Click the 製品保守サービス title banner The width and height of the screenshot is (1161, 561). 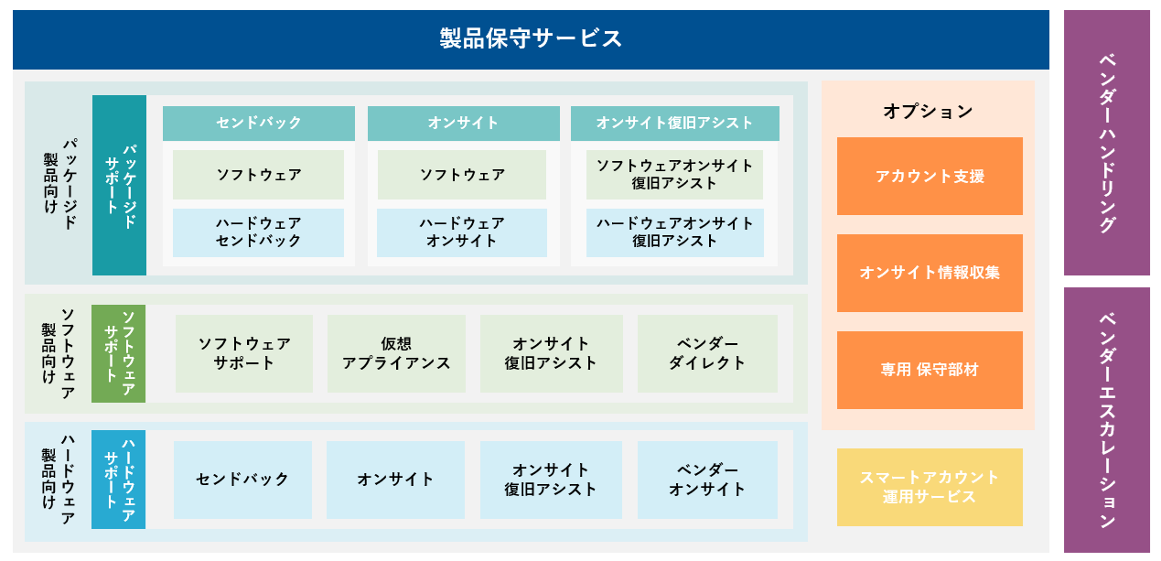click(x=531, y=39)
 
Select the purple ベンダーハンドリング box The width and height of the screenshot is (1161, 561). click(x=1107, y=143)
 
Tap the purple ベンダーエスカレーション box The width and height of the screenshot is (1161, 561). click(x=1107, y=420)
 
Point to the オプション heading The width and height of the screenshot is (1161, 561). click(x=928, y=111)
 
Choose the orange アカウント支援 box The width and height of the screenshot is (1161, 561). click(x=930, y=177)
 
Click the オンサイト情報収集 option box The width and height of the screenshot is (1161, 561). click(x=930, y=274)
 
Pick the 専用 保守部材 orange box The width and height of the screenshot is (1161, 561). click(x=930, y=371)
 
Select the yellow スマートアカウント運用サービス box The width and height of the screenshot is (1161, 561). click(x=930, y=488)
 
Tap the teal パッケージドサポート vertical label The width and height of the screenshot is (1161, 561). click(x=119, y=185)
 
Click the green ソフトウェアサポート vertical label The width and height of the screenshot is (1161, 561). click(x=118, y=353)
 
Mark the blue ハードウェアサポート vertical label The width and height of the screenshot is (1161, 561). click(x=118, y=480)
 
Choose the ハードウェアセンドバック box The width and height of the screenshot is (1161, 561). click(x=258, y=232)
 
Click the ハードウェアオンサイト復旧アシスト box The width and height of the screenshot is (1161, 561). click(x=675, y=232)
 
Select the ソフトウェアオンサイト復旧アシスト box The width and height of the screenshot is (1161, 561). click(x=674, y=175)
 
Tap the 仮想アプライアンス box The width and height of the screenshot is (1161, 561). click(x=396, y=353)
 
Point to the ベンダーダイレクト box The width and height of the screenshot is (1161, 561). click(x=707, y=353)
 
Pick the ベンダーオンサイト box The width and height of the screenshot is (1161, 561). click(x=707, y=480)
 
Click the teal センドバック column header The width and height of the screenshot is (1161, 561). click(x=259, y=124)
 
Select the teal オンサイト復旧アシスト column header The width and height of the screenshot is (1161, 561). click(x=675, y=124)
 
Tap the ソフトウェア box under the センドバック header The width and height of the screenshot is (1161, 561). click(x=258, y=175)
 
